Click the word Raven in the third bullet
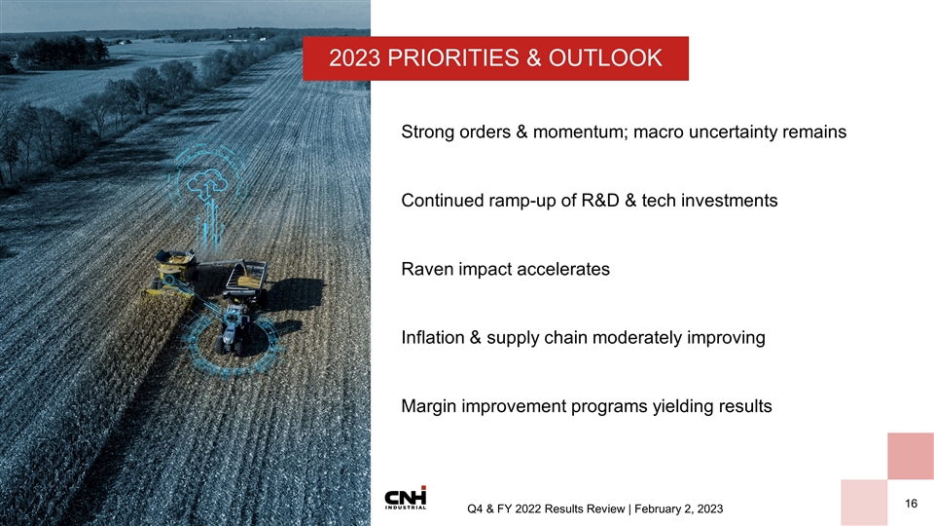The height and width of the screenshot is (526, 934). [426, 269]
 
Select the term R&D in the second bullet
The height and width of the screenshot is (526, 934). [602, 201]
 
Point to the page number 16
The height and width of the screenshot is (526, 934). [911, 503]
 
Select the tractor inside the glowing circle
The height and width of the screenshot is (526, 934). [233, 328]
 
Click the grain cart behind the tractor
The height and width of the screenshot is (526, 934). [245, 277]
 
